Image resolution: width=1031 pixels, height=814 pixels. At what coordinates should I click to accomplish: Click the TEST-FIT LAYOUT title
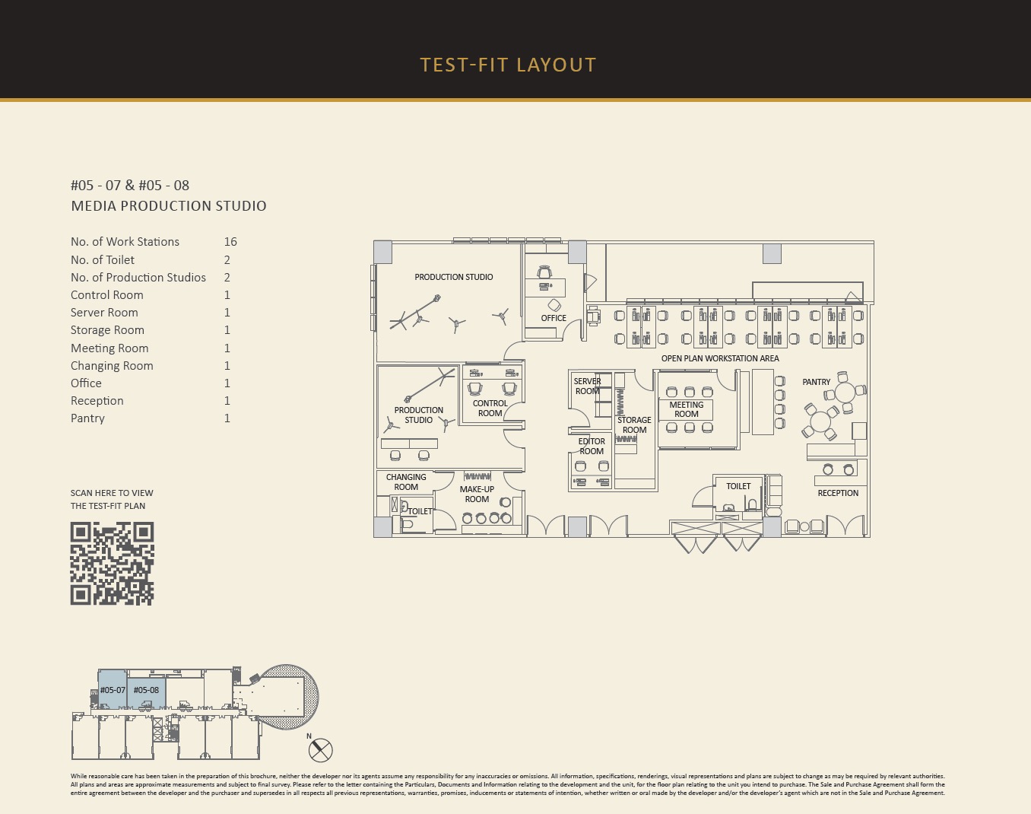pyautogui.click(x=508, y=65)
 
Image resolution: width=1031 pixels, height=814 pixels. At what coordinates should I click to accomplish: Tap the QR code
pyautogui.click(x=112, y=563)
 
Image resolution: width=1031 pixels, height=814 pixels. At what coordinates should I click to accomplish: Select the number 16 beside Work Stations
pyautogui.click(x=230, y=242)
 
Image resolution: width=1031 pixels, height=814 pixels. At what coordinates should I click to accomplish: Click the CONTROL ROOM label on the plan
pyautogui.click(x=490, y=408)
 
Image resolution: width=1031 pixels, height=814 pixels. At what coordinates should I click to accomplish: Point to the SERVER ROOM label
pyautogui.click(x=588, y=386)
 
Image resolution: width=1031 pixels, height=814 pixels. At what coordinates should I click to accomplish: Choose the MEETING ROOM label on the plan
pyautogui.click(x=687, y=409)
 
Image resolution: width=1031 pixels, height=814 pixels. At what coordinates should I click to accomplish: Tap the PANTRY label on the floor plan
pyautogui.click(x=817, y=382)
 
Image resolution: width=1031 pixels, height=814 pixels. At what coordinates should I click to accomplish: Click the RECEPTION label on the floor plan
pyautogui.click(x=838, y=493)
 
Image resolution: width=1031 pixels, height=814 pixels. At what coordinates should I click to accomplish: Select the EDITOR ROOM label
pyautogui.click(x=592, y=447)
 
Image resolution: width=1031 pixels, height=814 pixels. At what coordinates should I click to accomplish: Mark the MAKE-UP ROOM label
pyautogui.click(x=477, y=494)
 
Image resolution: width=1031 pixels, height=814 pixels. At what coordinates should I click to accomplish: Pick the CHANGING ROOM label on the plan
pyautogui.click(x=406, y=482)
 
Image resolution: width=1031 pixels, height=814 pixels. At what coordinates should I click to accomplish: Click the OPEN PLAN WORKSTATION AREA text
pyautogui.click(x=720, y=358)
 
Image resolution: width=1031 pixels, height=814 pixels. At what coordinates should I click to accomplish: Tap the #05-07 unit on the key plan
pyautogui.click(x=113, y=689)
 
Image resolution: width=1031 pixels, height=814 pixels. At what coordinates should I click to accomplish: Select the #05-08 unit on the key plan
pyautogui.click(x=146, y=690)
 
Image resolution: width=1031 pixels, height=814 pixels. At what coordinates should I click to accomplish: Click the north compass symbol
pyautogui.click(x=320, y=750)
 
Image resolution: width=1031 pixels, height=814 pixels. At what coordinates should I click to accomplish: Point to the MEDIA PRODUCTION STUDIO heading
pyautogui.click(x=169, y=206)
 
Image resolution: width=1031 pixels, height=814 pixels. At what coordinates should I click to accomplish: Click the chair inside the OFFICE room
pyautogui.click(x=544, y=272)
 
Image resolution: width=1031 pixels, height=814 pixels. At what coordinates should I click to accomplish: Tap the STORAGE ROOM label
pyautogui.click(x=634, y=425)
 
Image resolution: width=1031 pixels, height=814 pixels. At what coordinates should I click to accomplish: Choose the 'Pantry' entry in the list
pyautogui.click(x=87, y=418)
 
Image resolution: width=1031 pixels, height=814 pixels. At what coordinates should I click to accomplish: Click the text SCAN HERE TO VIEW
pyautogui.click(x=112, y=493)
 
